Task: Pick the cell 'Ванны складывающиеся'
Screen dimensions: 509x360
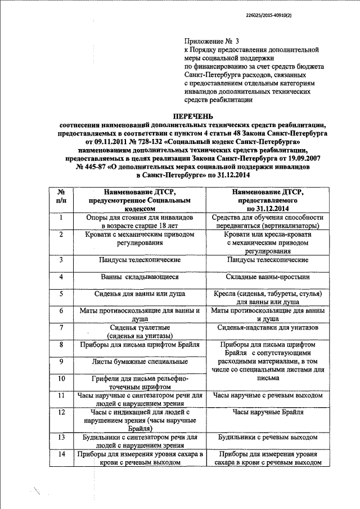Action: (140, 277)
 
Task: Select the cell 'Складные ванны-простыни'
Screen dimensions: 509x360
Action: (267, 277)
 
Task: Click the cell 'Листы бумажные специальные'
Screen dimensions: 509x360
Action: (140, 361)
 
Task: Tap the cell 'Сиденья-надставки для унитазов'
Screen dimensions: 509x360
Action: (267, 327)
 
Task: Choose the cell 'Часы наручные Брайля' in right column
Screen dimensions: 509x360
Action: (267, 412)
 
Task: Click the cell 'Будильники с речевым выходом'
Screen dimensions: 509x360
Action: (267, 437)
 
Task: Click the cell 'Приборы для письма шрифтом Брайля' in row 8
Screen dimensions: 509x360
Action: (140, 344)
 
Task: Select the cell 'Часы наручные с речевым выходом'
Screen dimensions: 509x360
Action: (267, 396)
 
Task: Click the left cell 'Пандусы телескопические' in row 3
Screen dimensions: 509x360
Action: (140, 260)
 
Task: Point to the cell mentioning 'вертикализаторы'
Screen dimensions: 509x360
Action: (267, 221)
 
